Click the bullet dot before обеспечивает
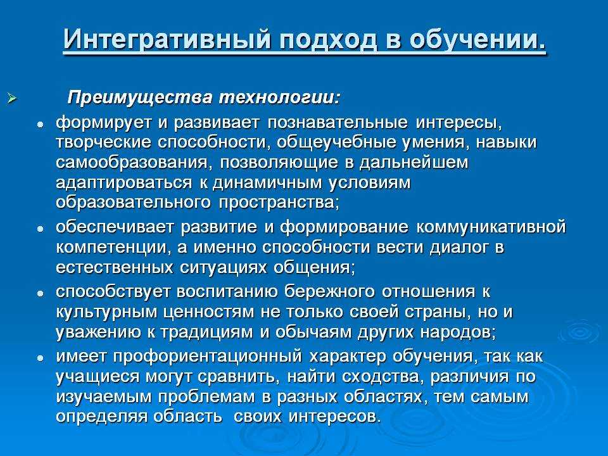[x=40, y=228]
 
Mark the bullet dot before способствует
[x=40, y=294]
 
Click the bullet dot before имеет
[x=40, y=358]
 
